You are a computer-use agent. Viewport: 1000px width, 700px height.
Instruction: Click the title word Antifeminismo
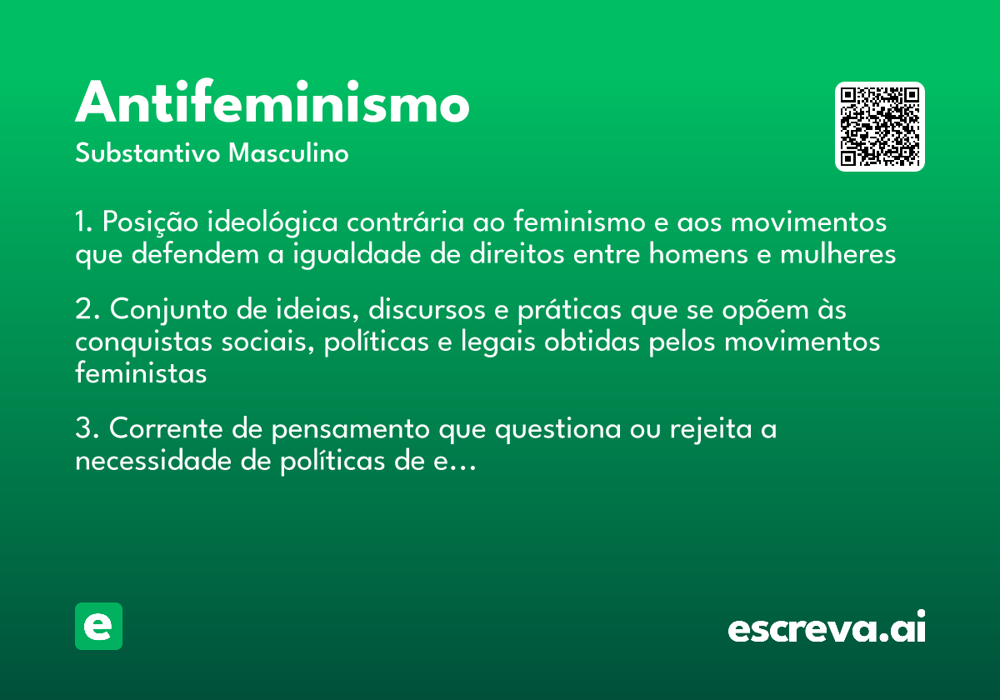click(x=272, y=103)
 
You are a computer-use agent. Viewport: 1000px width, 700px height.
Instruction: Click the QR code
click(x=880, y=127)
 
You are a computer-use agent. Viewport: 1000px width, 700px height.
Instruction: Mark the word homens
click(x=695, y=254)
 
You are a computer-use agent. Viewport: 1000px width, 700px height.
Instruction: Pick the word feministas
click(x=140, y=373)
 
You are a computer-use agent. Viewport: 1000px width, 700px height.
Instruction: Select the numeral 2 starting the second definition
click(x=82, y=310)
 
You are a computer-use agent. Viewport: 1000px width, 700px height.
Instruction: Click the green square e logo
click(x=98, y=626)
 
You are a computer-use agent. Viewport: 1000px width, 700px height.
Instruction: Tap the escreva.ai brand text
click(x=827, y=628)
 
